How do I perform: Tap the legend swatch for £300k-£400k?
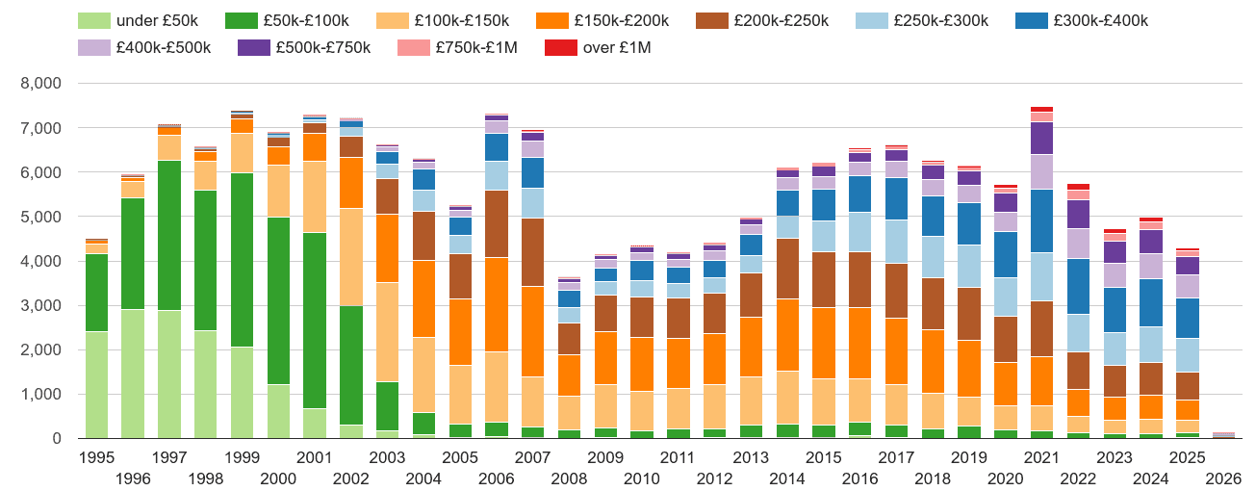click(1028, 21)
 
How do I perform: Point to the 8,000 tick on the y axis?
click(41, 84)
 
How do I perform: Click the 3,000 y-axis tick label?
click(41, 306)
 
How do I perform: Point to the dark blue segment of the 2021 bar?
click(1041, 220)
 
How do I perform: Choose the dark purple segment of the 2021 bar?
click(1041, 139)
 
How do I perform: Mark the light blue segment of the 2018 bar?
click(933, 257)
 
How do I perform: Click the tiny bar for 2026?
click(1223, 435)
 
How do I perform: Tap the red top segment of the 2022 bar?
click(1078, 187)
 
